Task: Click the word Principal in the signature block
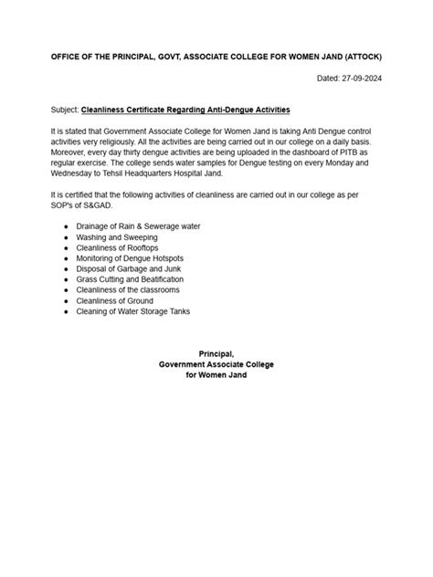[216, 353]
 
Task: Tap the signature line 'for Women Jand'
[216, 374]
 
